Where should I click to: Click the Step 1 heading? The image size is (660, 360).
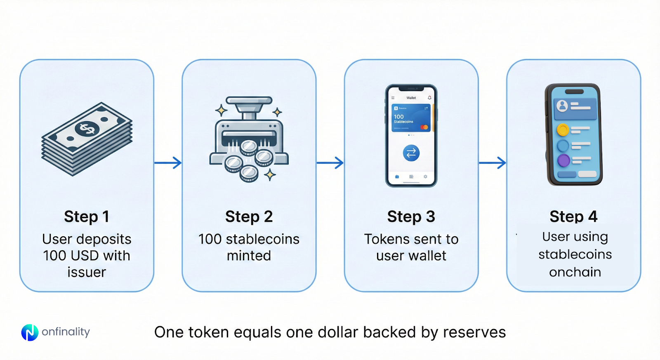tap(87, 216)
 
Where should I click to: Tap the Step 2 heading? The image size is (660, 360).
tap(249, 216)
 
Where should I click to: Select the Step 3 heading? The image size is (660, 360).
tap(411, 216)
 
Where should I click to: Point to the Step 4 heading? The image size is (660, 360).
tap(573, 216)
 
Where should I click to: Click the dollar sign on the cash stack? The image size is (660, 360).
tap(87, 129)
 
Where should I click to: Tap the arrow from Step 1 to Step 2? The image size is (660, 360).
tap(168, 162)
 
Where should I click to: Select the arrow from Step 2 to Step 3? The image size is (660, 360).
tap(330, 162)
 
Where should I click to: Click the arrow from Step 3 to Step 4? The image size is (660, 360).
tap(492, 162)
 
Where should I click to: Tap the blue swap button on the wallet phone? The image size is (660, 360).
tap(411, 153)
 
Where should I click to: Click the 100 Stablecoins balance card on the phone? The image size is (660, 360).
tap(411, 118)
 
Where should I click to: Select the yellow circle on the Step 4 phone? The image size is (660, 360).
tap(563, 130)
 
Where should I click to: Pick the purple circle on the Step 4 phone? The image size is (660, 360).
tap(563, 160)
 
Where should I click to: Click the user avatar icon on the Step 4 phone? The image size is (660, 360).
tap(562, 106)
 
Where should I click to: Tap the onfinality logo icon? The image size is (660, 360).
tap(30, 332)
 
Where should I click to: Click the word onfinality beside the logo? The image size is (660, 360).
tap(66, 332)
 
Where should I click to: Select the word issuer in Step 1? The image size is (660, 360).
tap(87, 272)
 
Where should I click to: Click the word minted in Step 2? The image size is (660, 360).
tap(249, 256)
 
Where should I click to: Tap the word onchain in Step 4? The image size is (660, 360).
tap(575, 272)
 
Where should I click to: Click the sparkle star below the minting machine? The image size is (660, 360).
tap(270, 175)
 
